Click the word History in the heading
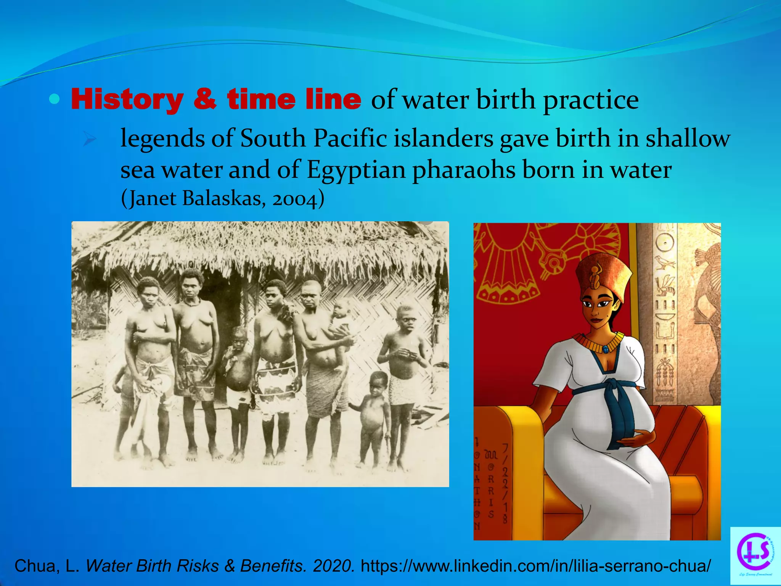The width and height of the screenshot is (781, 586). coord(127,100)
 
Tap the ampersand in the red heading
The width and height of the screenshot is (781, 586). coord(205,100)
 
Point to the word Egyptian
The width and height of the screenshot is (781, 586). coord(356,170)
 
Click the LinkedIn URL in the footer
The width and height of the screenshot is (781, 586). coord(535,566)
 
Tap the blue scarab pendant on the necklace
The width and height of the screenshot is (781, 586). coord(605,349)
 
